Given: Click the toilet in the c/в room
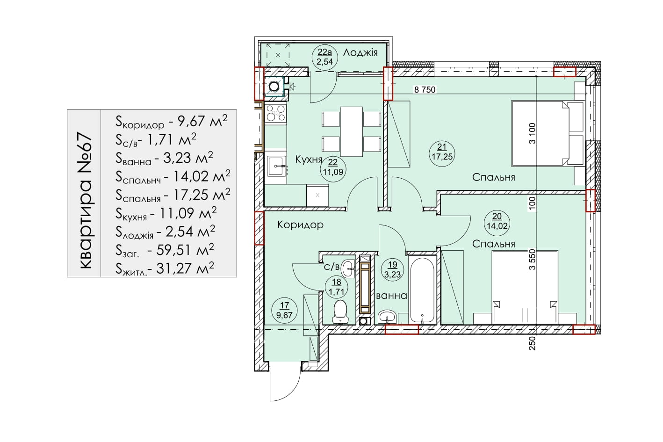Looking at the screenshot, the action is tap(340, 312).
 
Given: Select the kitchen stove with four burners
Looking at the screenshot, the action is tap(276, 113).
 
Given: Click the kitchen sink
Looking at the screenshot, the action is tap(276, 166).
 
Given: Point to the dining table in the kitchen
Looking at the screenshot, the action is tap(352, 132).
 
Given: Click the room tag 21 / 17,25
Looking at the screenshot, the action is tap(442, 152).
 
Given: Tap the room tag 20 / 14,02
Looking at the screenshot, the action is tap(497, 221).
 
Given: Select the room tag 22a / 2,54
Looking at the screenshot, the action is tap(324, 57).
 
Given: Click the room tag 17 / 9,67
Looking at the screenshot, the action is tap(284, 310).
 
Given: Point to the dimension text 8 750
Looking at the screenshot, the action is tap(425, 90).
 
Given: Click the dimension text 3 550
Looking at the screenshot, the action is tap(532, 260).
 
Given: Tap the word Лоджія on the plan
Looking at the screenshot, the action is tap(360, 53).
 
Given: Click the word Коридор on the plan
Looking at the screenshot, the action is tap(301, 225).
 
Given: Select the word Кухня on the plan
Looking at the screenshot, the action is tap(309, 160).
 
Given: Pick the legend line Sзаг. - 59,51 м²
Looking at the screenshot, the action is tap(165, 250).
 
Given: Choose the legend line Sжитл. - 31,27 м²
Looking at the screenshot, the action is tap(165, 268).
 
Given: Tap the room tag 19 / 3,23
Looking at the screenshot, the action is tap(392, 270).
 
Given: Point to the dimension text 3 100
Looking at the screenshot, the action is tap(532, 133).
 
